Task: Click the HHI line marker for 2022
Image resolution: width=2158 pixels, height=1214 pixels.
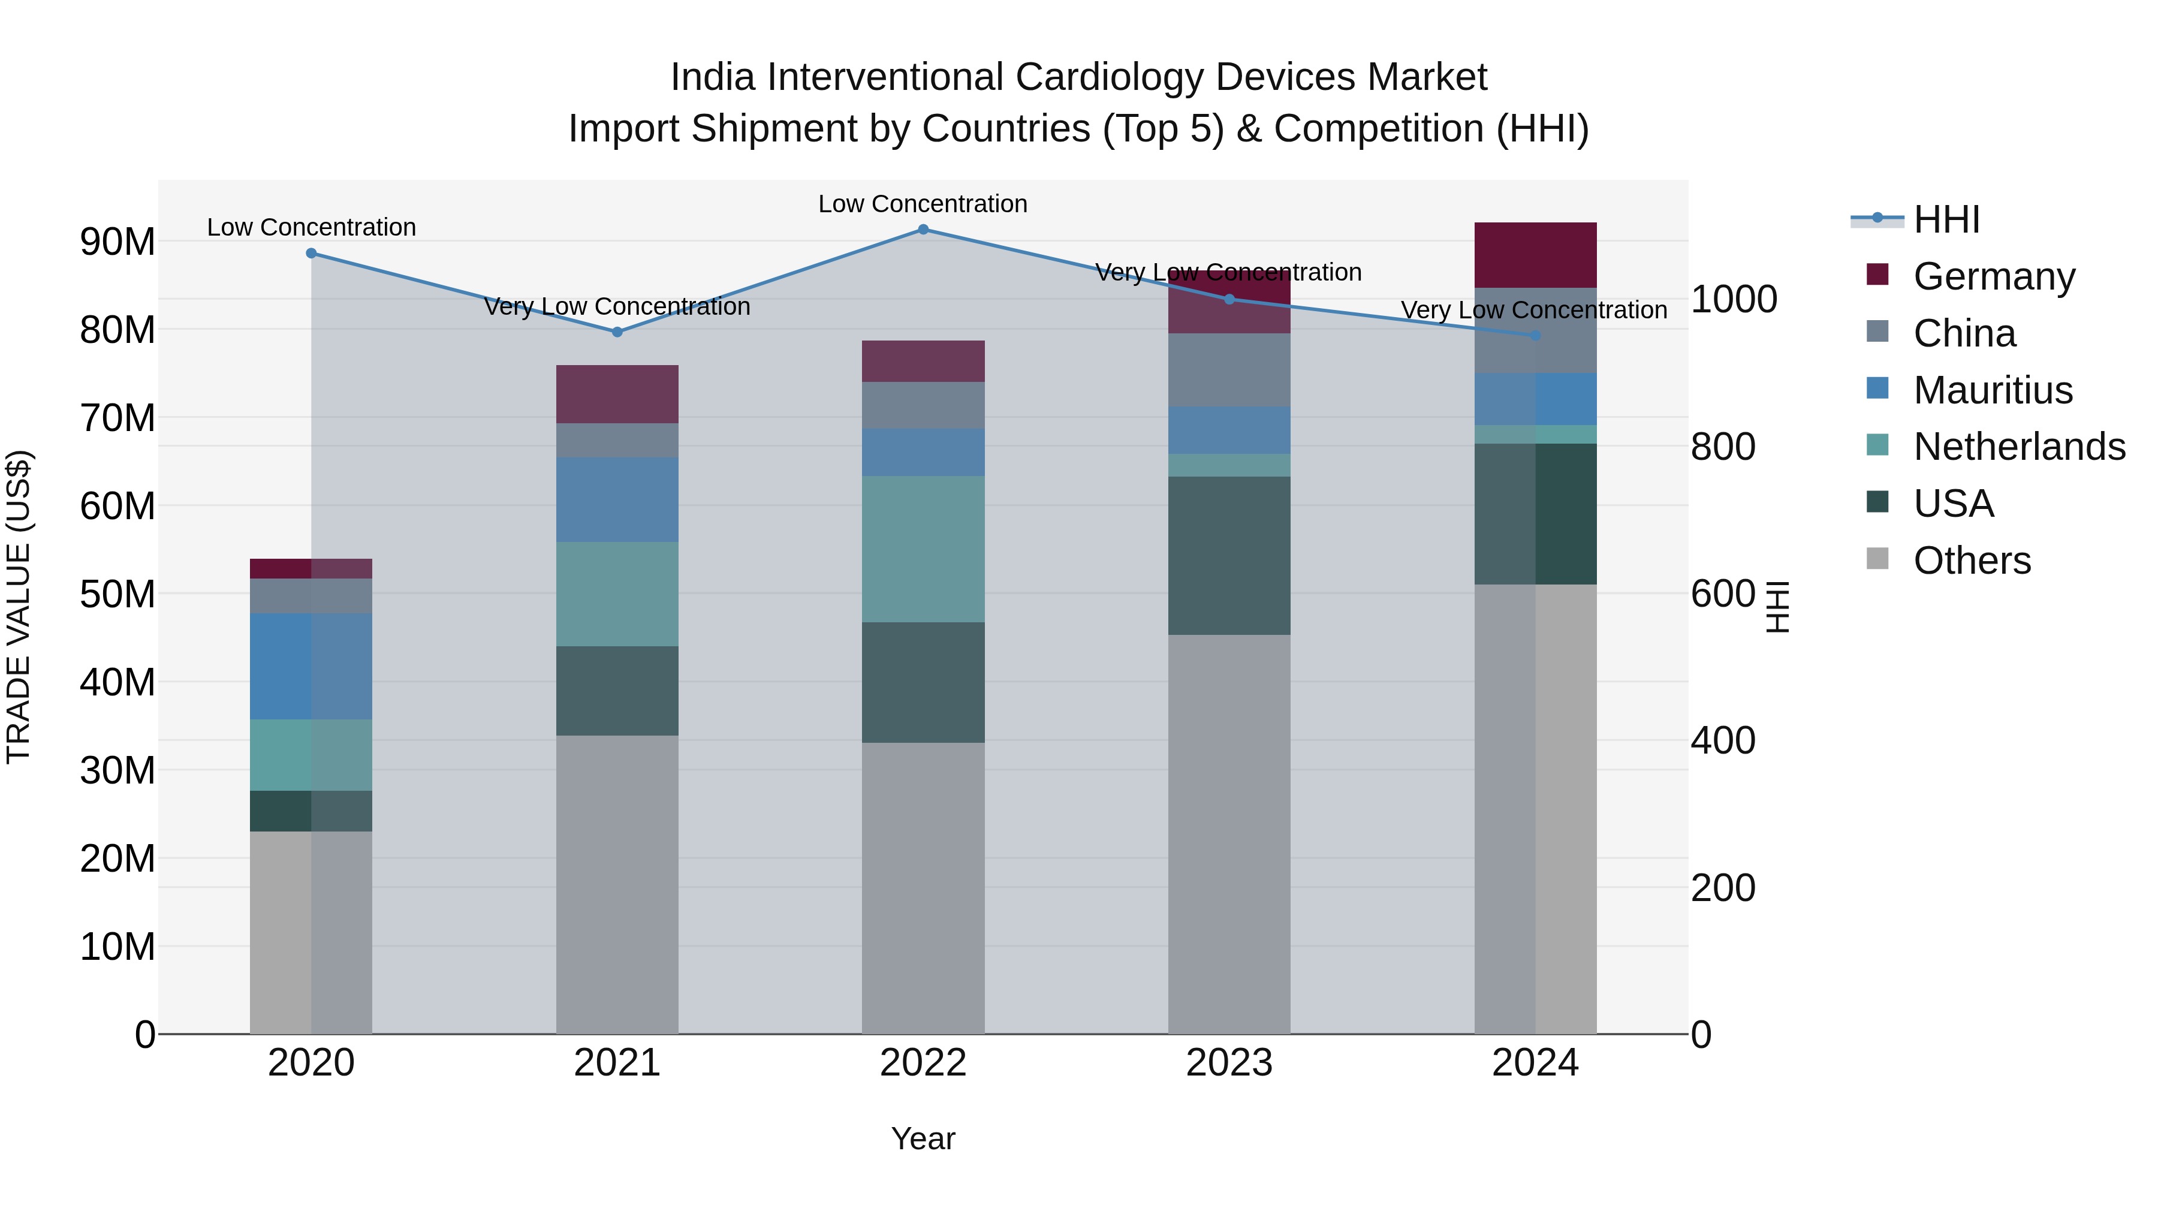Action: [x=923, y=229]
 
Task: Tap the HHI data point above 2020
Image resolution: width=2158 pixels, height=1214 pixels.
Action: [x=311, y=253]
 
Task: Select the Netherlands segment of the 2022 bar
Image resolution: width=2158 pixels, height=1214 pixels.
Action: [x=923, y=549]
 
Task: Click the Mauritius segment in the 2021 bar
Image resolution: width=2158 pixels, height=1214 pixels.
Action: [x=617, y=499]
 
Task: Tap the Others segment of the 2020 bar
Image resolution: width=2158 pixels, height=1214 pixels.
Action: [x=311, y=932]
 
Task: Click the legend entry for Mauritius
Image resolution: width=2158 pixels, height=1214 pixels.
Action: [x=1992, y=390]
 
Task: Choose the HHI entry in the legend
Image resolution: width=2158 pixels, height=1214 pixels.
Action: [x=1946, y=219]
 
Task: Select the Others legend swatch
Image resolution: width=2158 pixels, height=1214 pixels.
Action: [x=1877, y=559]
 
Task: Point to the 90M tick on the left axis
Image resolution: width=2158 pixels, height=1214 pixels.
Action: [x=117, y=242]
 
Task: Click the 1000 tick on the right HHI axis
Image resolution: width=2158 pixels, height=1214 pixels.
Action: [x=1733, y=299]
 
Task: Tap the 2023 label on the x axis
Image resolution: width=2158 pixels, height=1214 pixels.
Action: [x=1229, y=1063]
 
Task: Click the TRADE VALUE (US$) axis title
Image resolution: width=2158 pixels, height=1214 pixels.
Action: [x=19, y=607]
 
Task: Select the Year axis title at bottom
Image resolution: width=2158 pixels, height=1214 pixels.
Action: [x=923, y=1138]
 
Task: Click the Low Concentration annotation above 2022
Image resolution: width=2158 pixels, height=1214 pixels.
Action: [x=923, y=204]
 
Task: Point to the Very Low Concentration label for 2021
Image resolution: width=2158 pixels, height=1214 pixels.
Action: [x=617, y=306]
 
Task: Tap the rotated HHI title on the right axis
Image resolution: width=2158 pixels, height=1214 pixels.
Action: [x=1777, y=607]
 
